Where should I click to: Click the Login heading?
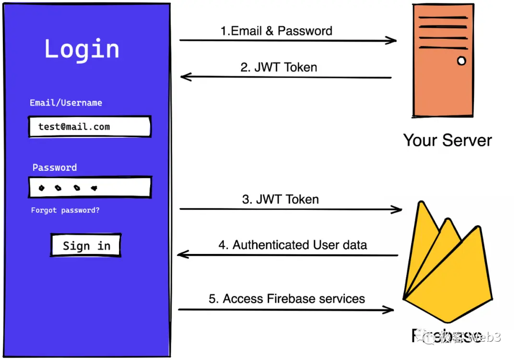82,49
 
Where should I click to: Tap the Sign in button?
86,246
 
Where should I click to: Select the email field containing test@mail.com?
90,127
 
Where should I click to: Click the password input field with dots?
90,188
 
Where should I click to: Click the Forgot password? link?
65,210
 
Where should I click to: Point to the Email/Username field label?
66,103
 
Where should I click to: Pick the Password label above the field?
54,168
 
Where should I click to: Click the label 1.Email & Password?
276,31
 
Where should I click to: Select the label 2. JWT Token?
279,67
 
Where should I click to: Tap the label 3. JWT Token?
280,200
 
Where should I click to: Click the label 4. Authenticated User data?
293,245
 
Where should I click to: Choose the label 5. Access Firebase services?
287,299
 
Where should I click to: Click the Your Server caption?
447,140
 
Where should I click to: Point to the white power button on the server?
461,61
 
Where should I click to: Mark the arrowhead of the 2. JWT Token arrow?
185,77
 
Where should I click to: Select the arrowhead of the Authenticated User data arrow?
182,254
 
